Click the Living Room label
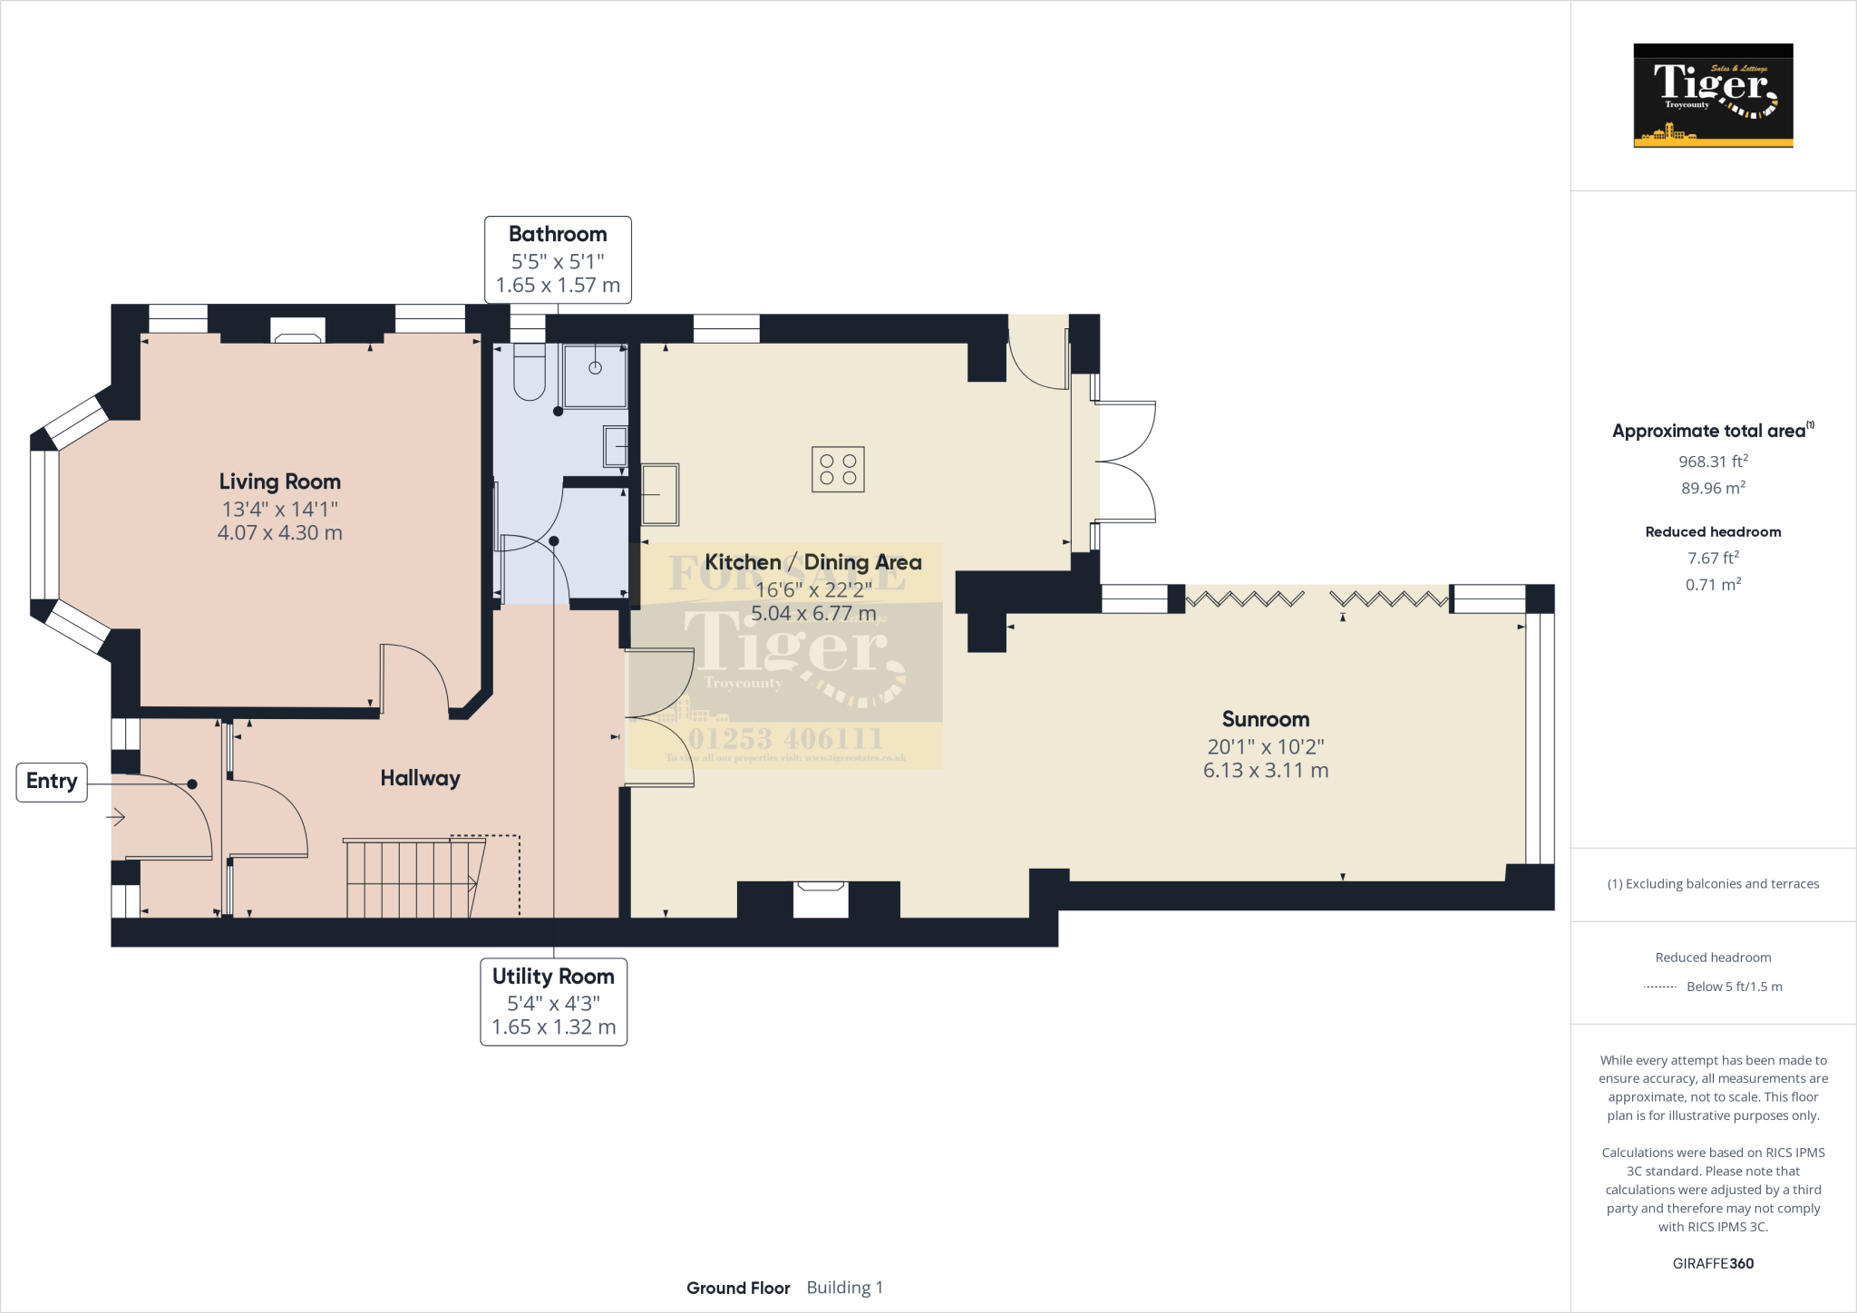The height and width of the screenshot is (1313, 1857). (x=279, y=481)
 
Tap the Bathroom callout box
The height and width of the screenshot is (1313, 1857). (x=558, y=259)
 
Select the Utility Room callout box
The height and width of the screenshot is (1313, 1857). (x=553, y=1001)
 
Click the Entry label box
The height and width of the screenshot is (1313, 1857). (x=52, y=782)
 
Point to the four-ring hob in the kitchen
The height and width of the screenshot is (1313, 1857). (x=838, y=469)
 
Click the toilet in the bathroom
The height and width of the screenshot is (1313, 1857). (x=529, y=374)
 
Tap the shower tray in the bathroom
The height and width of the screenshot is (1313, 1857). (x=595, y=375)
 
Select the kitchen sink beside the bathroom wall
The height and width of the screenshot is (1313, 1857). (x=660, y=494)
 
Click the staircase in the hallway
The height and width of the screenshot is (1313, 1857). (x=413, y=878)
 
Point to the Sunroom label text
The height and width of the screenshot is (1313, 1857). (x=1265, y=719)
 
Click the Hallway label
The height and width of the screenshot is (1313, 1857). (x=420, y=778)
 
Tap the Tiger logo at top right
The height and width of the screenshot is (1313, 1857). (x=1713, y=95)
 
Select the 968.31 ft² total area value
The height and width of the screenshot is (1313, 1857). (x=1712, y=462)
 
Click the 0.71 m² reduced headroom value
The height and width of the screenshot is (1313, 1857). (x=1712, y=585)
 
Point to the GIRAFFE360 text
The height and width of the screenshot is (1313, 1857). (x=1712, y=1263)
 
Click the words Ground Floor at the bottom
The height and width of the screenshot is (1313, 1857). (x=738, y=1288)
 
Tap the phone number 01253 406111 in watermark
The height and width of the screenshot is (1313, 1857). (x=785, y=738)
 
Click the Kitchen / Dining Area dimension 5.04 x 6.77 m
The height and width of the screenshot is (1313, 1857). (x=813, y=614)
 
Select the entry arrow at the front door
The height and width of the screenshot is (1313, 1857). (x=116, y=817)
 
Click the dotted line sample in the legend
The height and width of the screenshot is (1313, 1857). (x=1659, y=987)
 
